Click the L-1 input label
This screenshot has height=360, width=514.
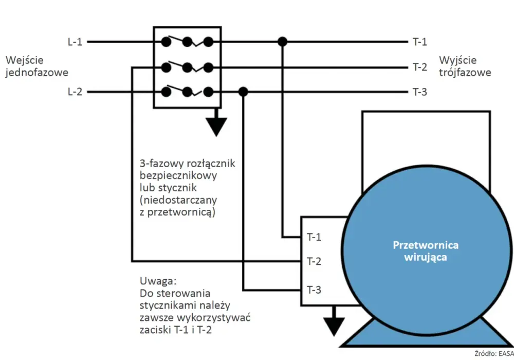[75, 42]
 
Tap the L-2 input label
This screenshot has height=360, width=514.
[75, 92]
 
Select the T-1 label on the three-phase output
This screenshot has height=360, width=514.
[419, 42]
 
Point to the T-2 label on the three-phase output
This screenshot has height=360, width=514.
[419, 67]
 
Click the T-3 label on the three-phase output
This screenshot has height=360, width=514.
[419, 92]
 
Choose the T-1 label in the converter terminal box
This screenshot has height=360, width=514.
[314, 237]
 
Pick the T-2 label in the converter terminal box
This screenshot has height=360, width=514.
[314, 261]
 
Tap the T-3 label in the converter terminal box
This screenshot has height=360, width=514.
[314, 290]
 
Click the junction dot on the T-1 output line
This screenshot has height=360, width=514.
[282, 42]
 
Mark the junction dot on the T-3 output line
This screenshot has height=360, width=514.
[243, 92]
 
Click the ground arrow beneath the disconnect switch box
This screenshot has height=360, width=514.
[216, 122]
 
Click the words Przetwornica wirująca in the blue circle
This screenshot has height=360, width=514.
[426, 251]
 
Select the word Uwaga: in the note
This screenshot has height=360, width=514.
[158, 281]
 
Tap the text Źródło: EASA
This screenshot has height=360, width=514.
[494, 353]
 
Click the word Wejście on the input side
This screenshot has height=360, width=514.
[25, 60]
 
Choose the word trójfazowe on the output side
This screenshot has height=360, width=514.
[465, 73]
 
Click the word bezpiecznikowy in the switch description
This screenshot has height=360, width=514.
[178, 175]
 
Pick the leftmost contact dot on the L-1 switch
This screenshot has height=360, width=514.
[166, 42]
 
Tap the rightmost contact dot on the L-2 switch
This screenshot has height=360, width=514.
[208, 92]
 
